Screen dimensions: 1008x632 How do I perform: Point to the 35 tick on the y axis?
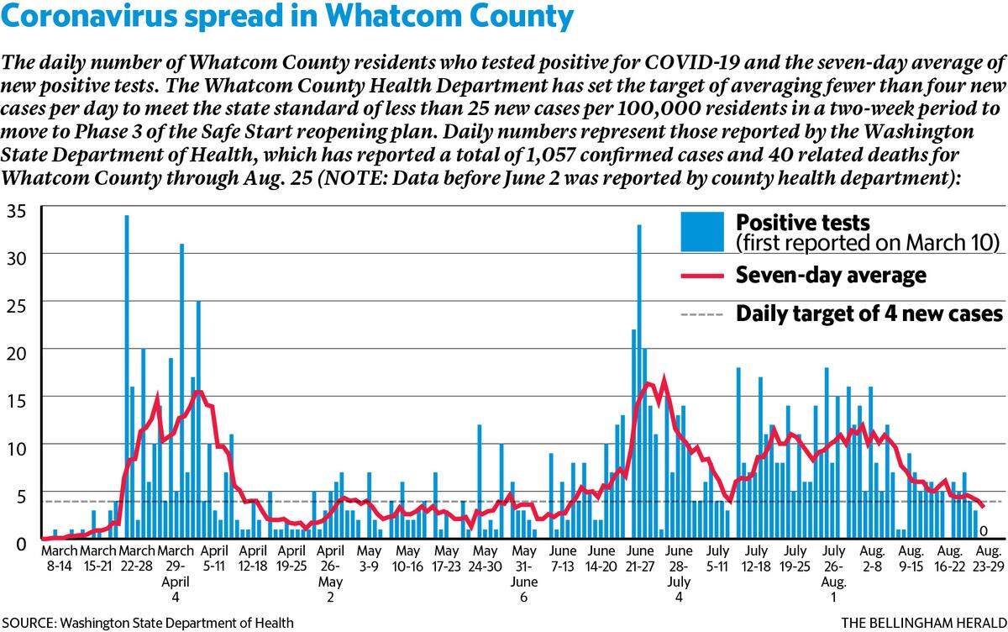(x=17, y=212)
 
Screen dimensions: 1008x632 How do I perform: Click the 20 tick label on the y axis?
(x=17, y=354)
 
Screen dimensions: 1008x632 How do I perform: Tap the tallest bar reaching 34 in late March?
(x=127, y=377)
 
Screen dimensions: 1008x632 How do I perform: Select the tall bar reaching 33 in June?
(x=639, y=382)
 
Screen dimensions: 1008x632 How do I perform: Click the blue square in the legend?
(x=702, y=231)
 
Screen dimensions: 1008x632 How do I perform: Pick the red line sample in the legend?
(x=702, y=276)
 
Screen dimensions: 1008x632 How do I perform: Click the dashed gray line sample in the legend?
(x=702, y=314)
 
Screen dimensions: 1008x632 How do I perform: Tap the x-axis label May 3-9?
(x=369, y=558)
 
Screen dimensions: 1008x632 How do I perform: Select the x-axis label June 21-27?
(x=640, y=558)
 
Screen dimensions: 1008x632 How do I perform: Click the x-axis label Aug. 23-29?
(x=988, y=558)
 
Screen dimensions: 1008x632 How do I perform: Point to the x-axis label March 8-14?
(x=60, y=558)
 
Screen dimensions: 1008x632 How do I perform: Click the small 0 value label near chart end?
(x=984, y=532)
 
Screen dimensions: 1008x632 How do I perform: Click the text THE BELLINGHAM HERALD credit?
(x=924, y=623)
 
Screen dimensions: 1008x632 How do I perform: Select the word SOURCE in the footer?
(x=29, y=623)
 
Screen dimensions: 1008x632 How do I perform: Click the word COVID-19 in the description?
(x=690, y=62)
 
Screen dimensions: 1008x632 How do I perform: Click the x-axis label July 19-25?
(x=795, y=558)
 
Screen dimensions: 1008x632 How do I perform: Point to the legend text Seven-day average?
(x=831, y=275)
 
